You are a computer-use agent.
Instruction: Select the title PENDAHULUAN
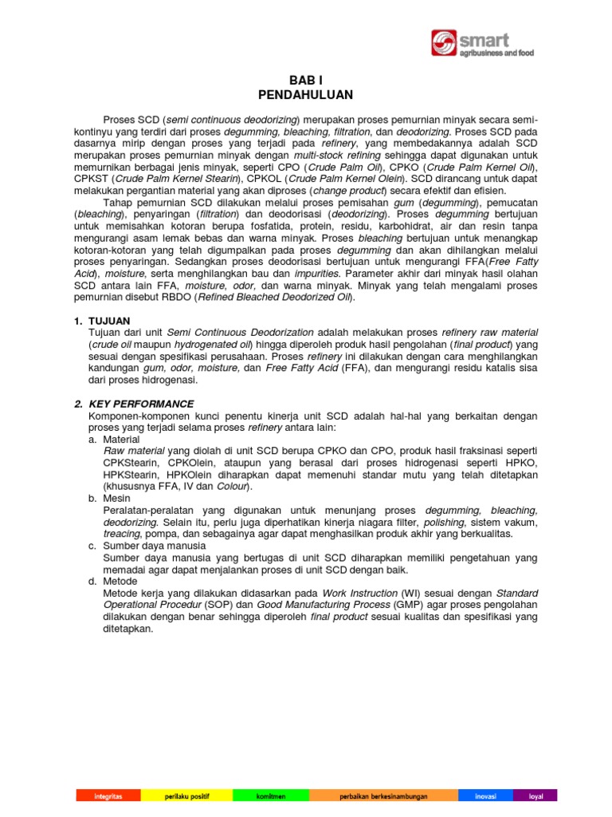coord(306,95)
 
